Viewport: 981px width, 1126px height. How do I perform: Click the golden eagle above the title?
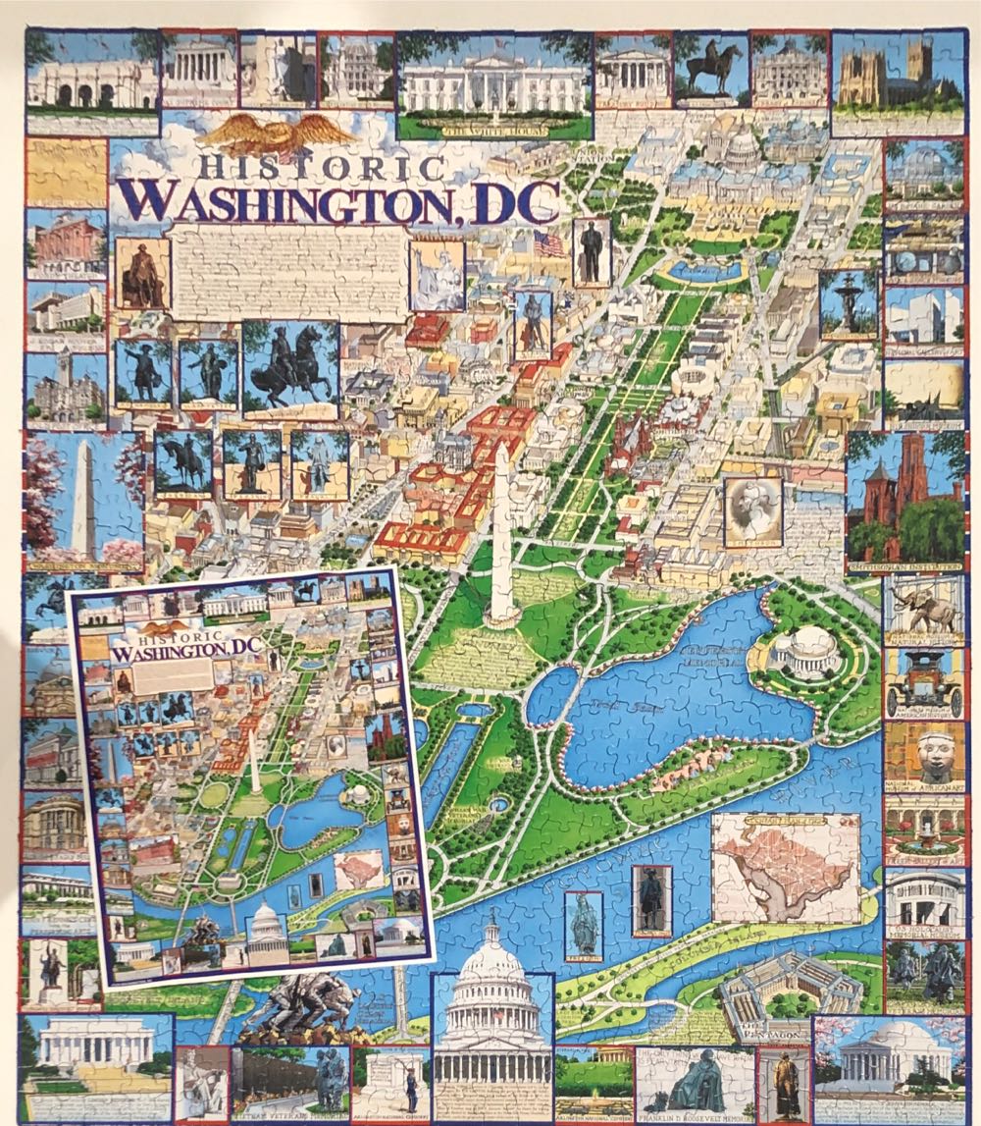point(278,133)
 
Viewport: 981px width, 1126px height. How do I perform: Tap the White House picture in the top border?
point(493,86)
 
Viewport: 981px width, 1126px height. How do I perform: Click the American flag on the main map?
point(548,243)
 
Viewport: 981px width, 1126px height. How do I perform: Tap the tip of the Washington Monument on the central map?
point(501,447)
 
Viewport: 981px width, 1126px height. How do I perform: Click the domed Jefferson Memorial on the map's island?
point(806,650)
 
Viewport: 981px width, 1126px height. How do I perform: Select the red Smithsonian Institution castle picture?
point(903,501)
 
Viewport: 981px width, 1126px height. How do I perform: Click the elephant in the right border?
point(923,610)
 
